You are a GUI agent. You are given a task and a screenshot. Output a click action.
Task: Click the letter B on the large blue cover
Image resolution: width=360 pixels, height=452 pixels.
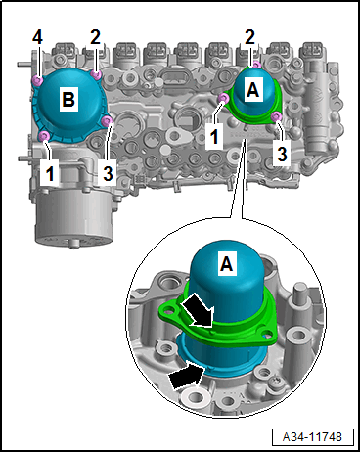[68, 99]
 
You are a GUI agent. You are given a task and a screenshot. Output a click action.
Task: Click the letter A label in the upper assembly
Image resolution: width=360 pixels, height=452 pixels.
[252, 89]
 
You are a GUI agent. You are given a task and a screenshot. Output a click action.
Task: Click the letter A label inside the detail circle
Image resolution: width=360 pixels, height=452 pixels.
[226, 263]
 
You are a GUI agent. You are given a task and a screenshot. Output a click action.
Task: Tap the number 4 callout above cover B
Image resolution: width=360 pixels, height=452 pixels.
[37, 38]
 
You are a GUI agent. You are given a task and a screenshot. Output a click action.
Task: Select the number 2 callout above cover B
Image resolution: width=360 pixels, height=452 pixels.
[95, 37]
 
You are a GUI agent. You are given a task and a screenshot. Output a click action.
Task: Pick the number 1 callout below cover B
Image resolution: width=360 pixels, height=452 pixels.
[50, 173]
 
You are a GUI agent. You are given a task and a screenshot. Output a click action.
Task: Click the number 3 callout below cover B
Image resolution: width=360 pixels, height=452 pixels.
[108, 173]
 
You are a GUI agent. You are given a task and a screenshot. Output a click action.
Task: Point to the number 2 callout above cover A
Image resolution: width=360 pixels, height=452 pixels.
[249, 37]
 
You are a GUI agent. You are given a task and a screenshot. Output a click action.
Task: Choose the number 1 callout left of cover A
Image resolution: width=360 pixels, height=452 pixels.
[214, 136]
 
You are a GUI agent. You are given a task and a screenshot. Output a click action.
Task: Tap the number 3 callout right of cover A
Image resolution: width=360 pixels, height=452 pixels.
[282, 154]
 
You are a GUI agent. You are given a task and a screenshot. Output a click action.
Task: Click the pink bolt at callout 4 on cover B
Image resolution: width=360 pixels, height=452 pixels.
[38, 80]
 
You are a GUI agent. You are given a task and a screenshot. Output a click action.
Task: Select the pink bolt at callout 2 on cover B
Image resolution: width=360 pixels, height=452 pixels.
[96, 74]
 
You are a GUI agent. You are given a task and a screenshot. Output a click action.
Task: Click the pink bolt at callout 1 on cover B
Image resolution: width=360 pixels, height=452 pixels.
[44, 136]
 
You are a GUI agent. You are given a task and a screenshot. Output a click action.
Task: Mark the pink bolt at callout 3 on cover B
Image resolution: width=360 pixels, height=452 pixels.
[107, 121]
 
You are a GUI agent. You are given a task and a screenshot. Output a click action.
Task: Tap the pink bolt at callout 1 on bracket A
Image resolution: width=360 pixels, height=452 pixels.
[224, 97]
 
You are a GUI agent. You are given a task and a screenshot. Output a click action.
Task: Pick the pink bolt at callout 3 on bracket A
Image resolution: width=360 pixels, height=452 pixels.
[277, 115]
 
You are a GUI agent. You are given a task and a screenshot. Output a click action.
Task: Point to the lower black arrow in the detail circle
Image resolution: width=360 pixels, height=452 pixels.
[187, 377]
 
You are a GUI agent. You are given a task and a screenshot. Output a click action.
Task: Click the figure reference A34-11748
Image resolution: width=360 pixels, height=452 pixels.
[312, 437]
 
